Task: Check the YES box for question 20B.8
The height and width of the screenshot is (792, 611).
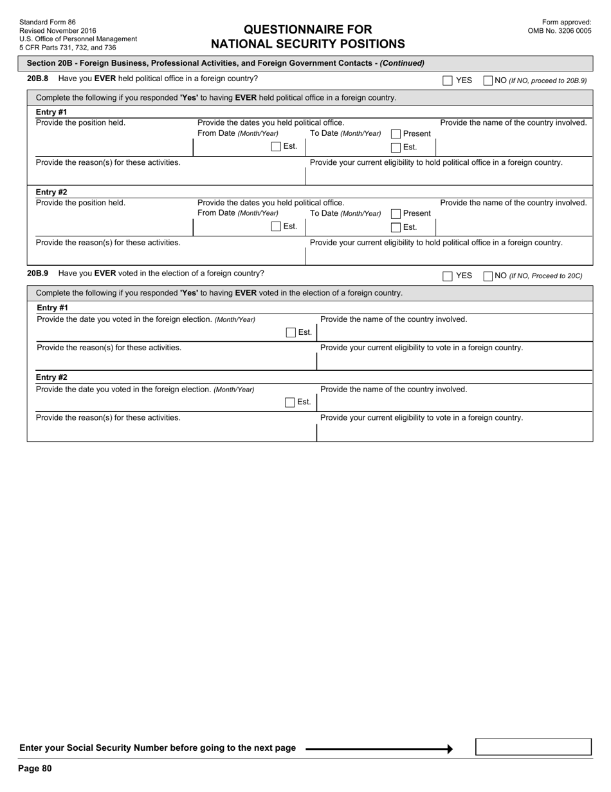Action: point(448,80)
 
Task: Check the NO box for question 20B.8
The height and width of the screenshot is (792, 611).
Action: point(488,80)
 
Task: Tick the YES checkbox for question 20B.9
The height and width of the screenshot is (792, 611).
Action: point(448,276)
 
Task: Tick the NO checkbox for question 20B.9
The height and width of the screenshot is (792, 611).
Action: point(488,276)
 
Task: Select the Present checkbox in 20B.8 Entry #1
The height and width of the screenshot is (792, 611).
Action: point(396,134)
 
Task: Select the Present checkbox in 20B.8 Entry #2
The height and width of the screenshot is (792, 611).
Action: point(396,214)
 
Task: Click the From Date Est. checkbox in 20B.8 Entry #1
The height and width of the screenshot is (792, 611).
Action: point(276,147)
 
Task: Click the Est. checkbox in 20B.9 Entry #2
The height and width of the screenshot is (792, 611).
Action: point(290,402)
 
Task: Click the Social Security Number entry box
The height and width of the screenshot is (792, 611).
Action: point(533,747)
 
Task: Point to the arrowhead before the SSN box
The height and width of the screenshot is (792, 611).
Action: point(450,749)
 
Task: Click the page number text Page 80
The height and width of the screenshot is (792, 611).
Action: point(35,768)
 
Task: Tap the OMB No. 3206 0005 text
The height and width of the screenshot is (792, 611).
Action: point(560,31)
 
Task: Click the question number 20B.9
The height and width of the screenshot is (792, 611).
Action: point(37,274)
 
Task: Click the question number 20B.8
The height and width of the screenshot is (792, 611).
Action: point(37,79)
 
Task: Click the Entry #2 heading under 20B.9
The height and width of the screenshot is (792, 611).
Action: point(51,377)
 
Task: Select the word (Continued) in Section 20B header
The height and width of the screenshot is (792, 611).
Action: point(402,63)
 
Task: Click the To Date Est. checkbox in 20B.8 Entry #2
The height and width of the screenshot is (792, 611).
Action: point(396,227)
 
